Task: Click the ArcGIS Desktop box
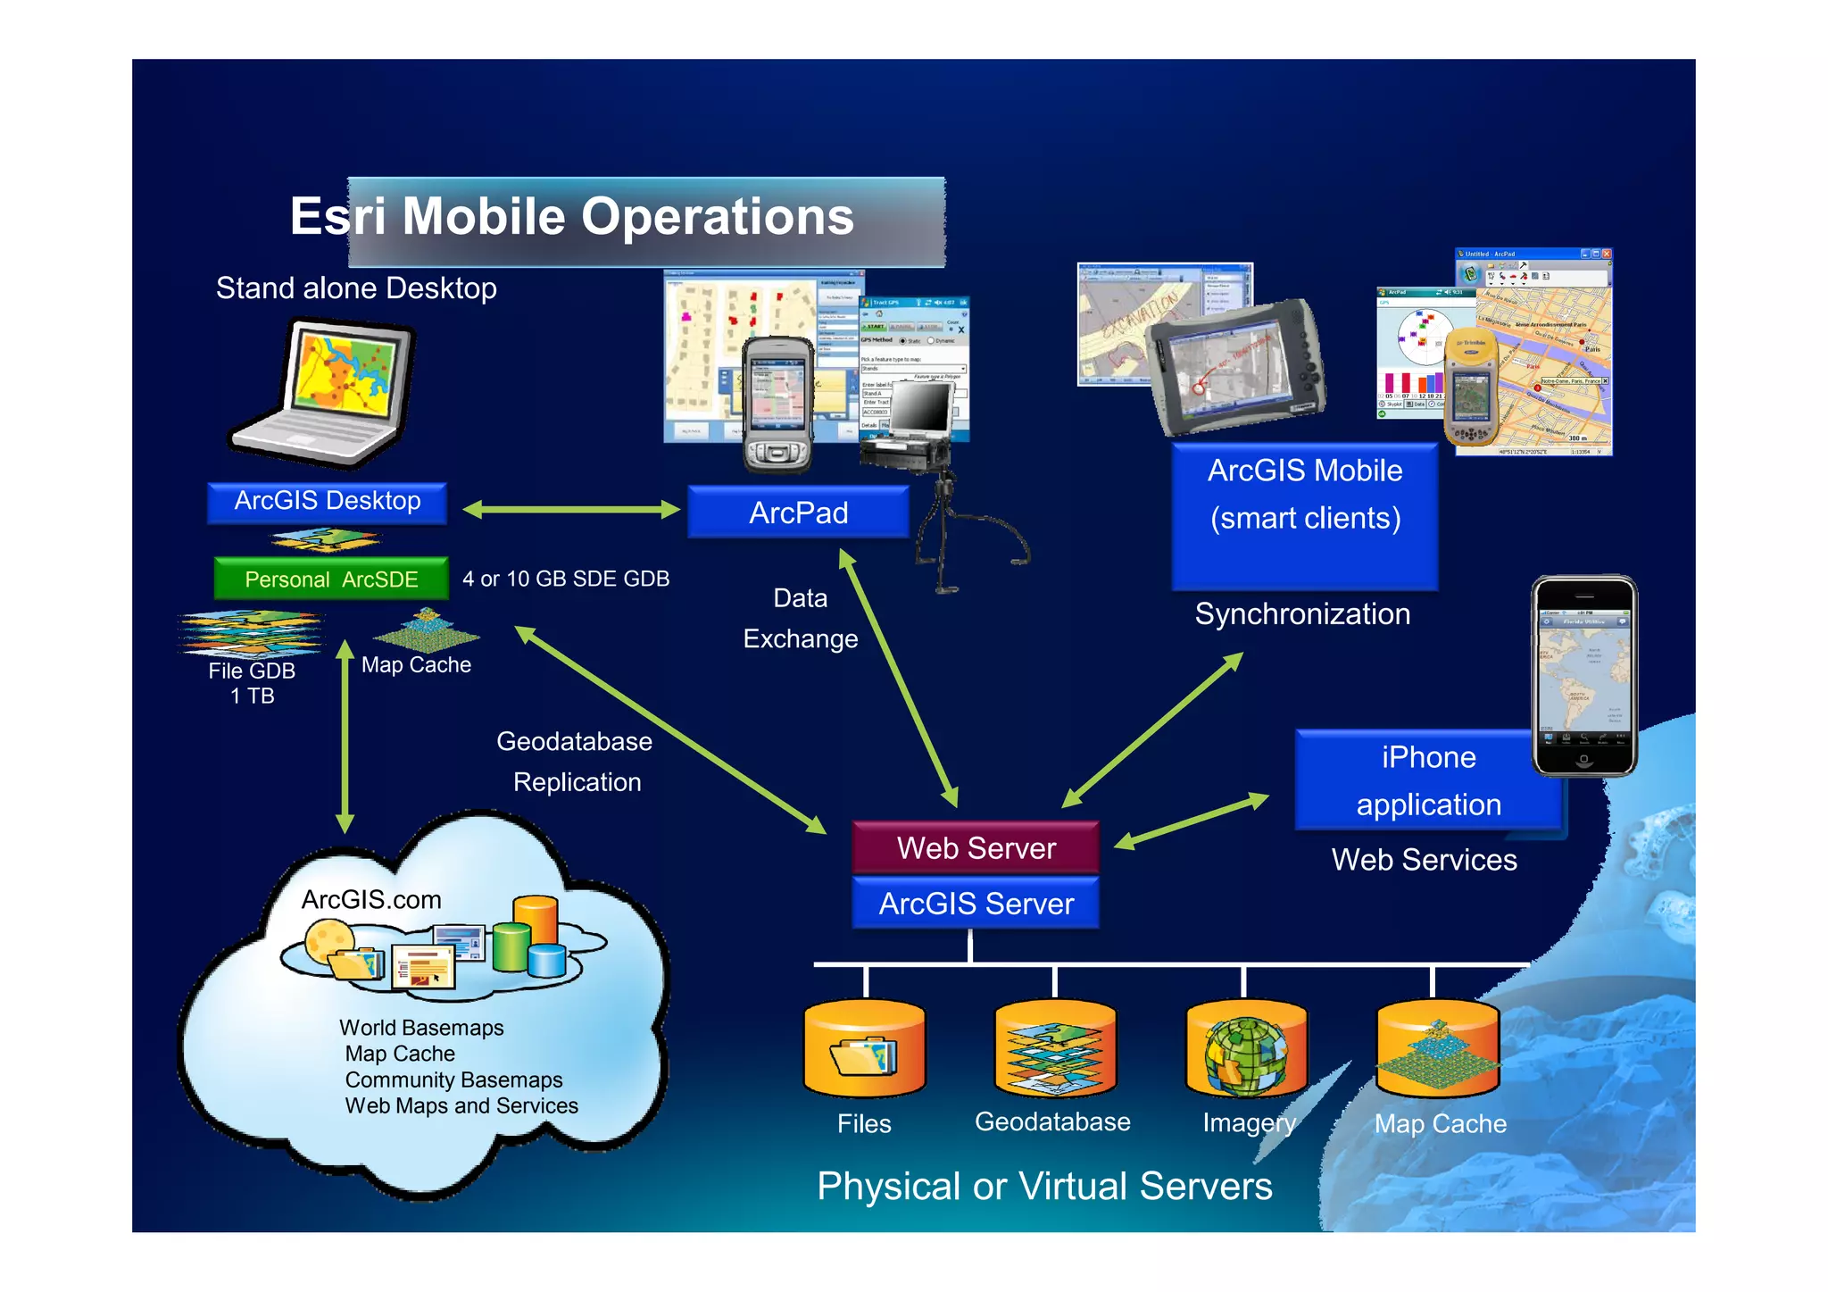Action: (x=327, y=502)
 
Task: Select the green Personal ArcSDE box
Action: (x=331, y=579)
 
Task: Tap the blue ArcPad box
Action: (x=798, y=513)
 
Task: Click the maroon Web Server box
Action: (x=976, y=847)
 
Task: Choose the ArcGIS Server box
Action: (x=976, y=904)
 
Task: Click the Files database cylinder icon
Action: (x=864, y=1050)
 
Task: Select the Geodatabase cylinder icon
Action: (x=1055, y=1050)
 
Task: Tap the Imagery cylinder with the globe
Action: (x=1246, y=1050)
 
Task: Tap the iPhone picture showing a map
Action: (x=1584, y=675)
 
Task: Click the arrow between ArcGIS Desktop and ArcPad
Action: (x=571, y=510)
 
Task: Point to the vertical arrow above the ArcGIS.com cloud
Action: (x=345, y=737)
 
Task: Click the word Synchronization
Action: (x=1302, y=614)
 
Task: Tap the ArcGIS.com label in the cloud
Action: (x=371, y=899)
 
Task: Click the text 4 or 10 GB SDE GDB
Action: (x=566, y=579)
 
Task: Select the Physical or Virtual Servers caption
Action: (x=1044, y=1187)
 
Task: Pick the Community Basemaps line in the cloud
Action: (x=453, y=1079)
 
